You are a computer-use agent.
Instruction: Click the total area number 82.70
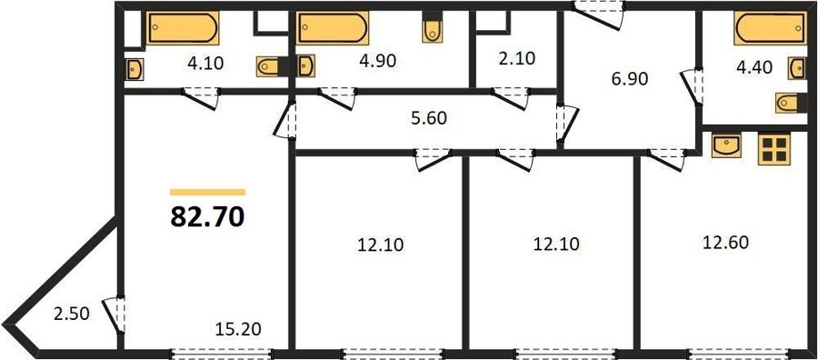207,217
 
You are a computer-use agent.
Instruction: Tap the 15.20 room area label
238,329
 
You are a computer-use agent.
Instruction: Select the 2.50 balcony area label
72,314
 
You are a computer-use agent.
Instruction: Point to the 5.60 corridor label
429,119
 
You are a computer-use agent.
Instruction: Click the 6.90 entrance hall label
629,79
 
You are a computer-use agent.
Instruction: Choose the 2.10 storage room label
517,59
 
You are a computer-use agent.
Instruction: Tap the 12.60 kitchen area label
725,243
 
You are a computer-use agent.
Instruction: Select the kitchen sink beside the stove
726,145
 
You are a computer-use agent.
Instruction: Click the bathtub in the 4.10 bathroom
183,28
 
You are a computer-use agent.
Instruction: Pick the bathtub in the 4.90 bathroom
333,28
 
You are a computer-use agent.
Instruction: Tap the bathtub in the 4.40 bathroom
770,28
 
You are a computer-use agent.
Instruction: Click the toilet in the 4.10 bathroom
272,66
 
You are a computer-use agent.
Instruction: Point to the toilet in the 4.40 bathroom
792,103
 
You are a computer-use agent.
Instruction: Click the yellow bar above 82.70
207,192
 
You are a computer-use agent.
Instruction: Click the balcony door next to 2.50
115,315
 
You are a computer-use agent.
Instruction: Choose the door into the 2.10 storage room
510,98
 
